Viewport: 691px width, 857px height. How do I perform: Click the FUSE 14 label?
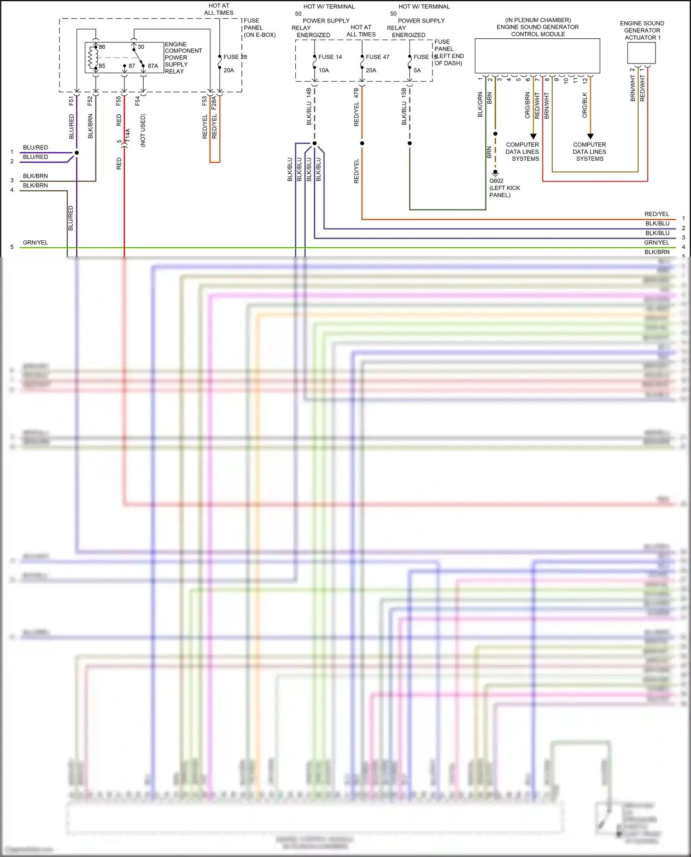coord(330,57)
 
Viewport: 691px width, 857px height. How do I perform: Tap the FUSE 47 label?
coord(377,57)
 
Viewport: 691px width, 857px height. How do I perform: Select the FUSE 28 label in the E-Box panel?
coord(235,57)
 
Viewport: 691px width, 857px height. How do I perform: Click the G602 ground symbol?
coord(495,174)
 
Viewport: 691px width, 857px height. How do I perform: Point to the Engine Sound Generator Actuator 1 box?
coord(641,53)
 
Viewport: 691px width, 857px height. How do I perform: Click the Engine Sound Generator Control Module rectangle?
coord(537,56)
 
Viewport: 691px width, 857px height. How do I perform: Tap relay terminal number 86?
coord(102,47)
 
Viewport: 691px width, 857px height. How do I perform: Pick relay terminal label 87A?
coord(153,66)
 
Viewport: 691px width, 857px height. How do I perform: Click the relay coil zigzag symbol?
coord(91,58)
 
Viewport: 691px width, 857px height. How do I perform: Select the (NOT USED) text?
coord(143,130)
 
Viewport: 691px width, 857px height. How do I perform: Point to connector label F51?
coord(71,100)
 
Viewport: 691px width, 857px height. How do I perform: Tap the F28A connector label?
coord(214,102)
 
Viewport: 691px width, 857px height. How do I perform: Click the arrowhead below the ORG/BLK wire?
coord(590,136)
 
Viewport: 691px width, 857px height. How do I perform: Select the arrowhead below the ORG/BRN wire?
coord(533,136)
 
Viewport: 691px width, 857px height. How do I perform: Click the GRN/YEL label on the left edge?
coord(35,243)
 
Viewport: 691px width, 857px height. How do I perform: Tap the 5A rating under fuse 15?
coord(417,70)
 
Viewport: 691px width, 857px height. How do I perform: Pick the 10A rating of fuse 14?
coord(323,70)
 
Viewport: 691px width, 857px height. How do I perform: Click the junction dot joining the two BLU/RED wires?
coord(76,152)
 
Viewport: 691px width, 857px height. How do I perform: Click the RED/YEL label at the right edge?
coord(656,214)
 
